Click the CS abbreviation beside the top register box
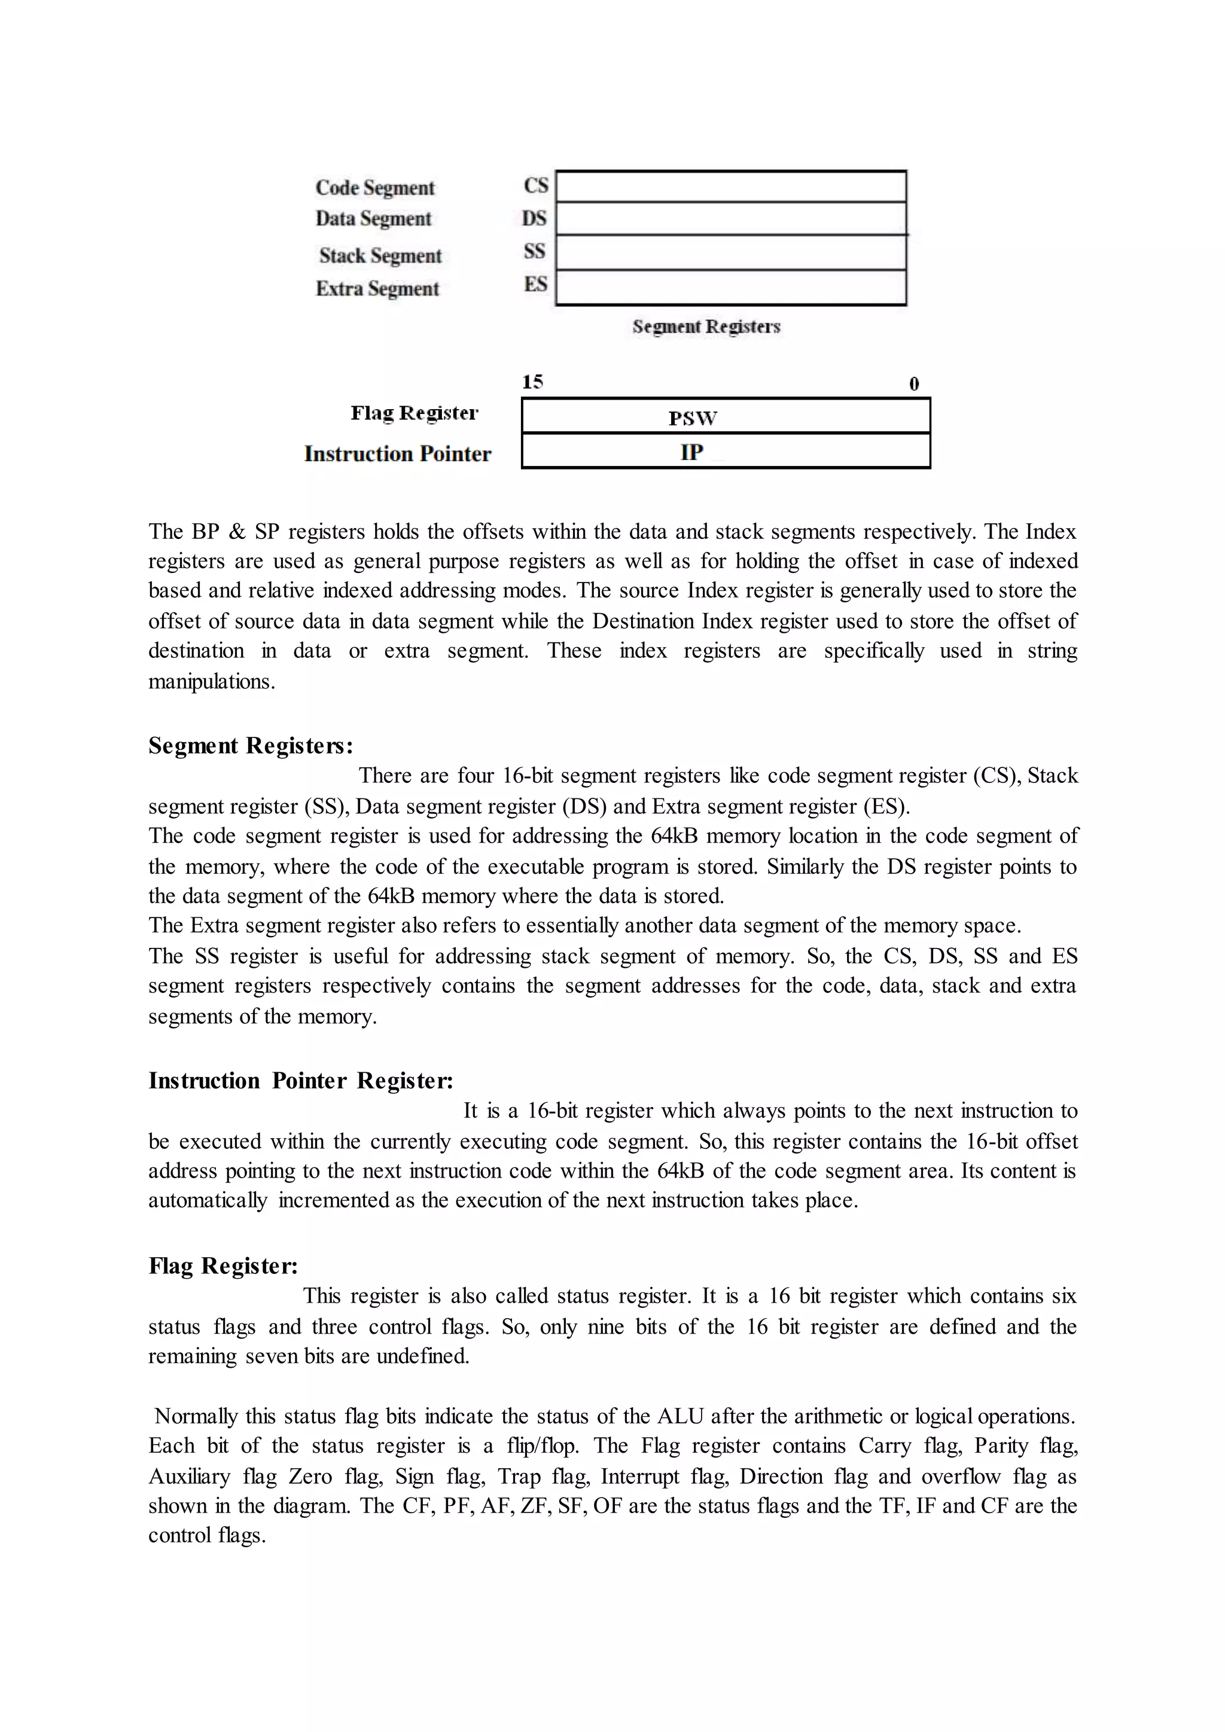pyautogui.click(x=535, y=185)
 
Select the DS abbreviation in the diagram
pyautogui.click(x=534, y=219)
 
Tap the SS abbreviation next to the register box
pyautogui.click(x=534, y=251)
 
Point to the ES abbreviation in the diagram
pyautogui.click(x=535, y=285)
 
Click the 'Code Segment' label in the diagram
pyautogui.click(x=375, y=188)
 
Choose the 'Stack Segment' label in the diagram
pyautogui.click(x=380, y=256)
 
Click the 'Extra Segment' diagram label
pyautogui.click(x=377, y=289)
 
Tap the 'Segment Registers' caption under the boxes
pyautogui.click(x=706, y=327)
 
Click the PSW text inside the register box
pyautogui.click(x=693, y=418)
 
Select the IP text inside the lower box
pyautogui.click(x=691, y=452)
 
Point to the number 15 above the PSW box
pyautogui.click(x=532, y=382)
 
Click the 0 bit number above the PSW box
pyautogui.click(x=914, y=384)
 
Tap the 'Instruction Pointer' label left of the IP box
pyautogui.click(x=398, y=453)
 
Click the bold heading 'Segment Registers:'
pyautogui.click(x=251, y=746)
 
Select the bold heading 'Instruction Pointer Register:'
pyautogui.click(x=300, y=1081)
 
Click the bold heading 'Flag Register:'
pyautogui.click(x=223, y=1266)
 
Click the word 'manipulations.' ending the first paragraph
pyautogui.click(x=211, y=682)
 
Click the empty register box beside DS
pyautogui.click(x=730, y=219)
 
